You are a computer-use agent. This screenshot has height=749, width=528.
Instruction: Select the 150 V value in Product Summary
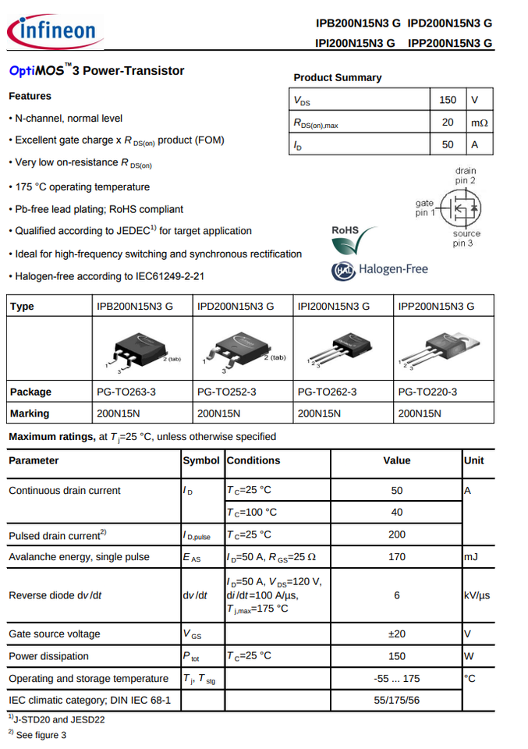click(448, 100)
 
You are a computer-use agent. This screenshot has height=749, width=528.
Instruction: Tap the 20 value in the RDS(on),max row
click(448, 122)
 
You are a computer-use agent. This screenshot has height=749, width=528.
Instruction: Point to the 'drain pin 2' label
click(466, 176)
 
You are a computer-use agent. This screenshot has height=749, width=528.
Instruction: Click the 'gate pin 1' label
click(424, 208)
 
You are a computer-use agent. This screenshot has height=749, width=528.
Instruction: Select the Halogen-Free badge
click(380, 270)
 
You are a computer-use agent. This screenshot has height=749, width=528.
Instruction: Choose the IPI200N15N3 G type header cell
click(334, 306)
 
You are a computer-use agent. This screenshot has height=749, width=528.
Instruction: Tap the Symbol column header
click(201, 460)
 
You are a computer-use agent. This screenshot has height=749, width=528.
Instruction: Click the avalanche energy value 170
click(396, 557)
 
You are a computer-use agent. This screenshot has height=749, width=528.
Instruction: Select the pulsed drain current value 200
click(396, 534)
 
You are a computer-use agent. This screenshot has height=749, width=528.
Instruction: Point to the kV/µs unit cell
click(477, 595)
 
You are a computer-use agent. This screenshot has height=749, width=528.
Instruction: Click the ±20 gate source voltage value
click(396, 634)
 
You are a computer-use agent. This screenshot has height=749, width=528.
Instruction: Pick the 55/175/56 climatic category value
click(396, 700)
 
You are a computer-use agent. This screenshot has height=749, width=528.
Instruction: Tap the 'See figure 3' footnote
click(41, 735)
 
